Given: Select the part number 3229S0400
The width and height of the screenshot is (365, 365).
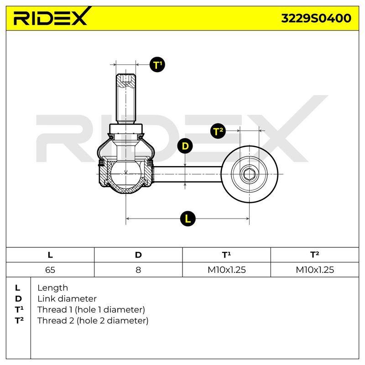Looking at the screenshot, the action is click(316, 18).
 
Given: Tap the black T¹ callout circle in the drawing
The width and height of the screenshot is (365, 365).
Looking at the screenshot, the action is click(157, 64).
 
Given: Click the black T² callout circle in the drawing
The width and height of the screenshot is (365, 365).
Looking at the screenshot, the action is click(218, 131).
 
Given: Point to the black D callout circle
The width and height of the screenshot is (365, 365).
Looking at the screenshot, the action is click(185, 146).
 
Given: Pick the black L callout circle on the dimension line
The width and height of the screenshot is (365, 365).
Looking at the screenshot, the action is click(188, 219).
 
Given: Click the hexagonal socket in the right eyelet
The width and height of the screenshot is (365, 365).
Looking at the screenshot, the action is click(249, 174).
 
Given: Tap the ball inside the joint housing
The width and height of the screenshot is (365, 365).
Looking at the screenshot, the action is click(126, 174).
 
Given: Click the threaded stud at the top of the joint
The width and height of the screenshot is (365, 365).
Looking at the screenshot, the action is click(126, 99).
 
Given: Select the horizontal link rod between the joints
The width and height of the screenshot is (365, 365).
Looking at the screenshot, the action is click(188, 174).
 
